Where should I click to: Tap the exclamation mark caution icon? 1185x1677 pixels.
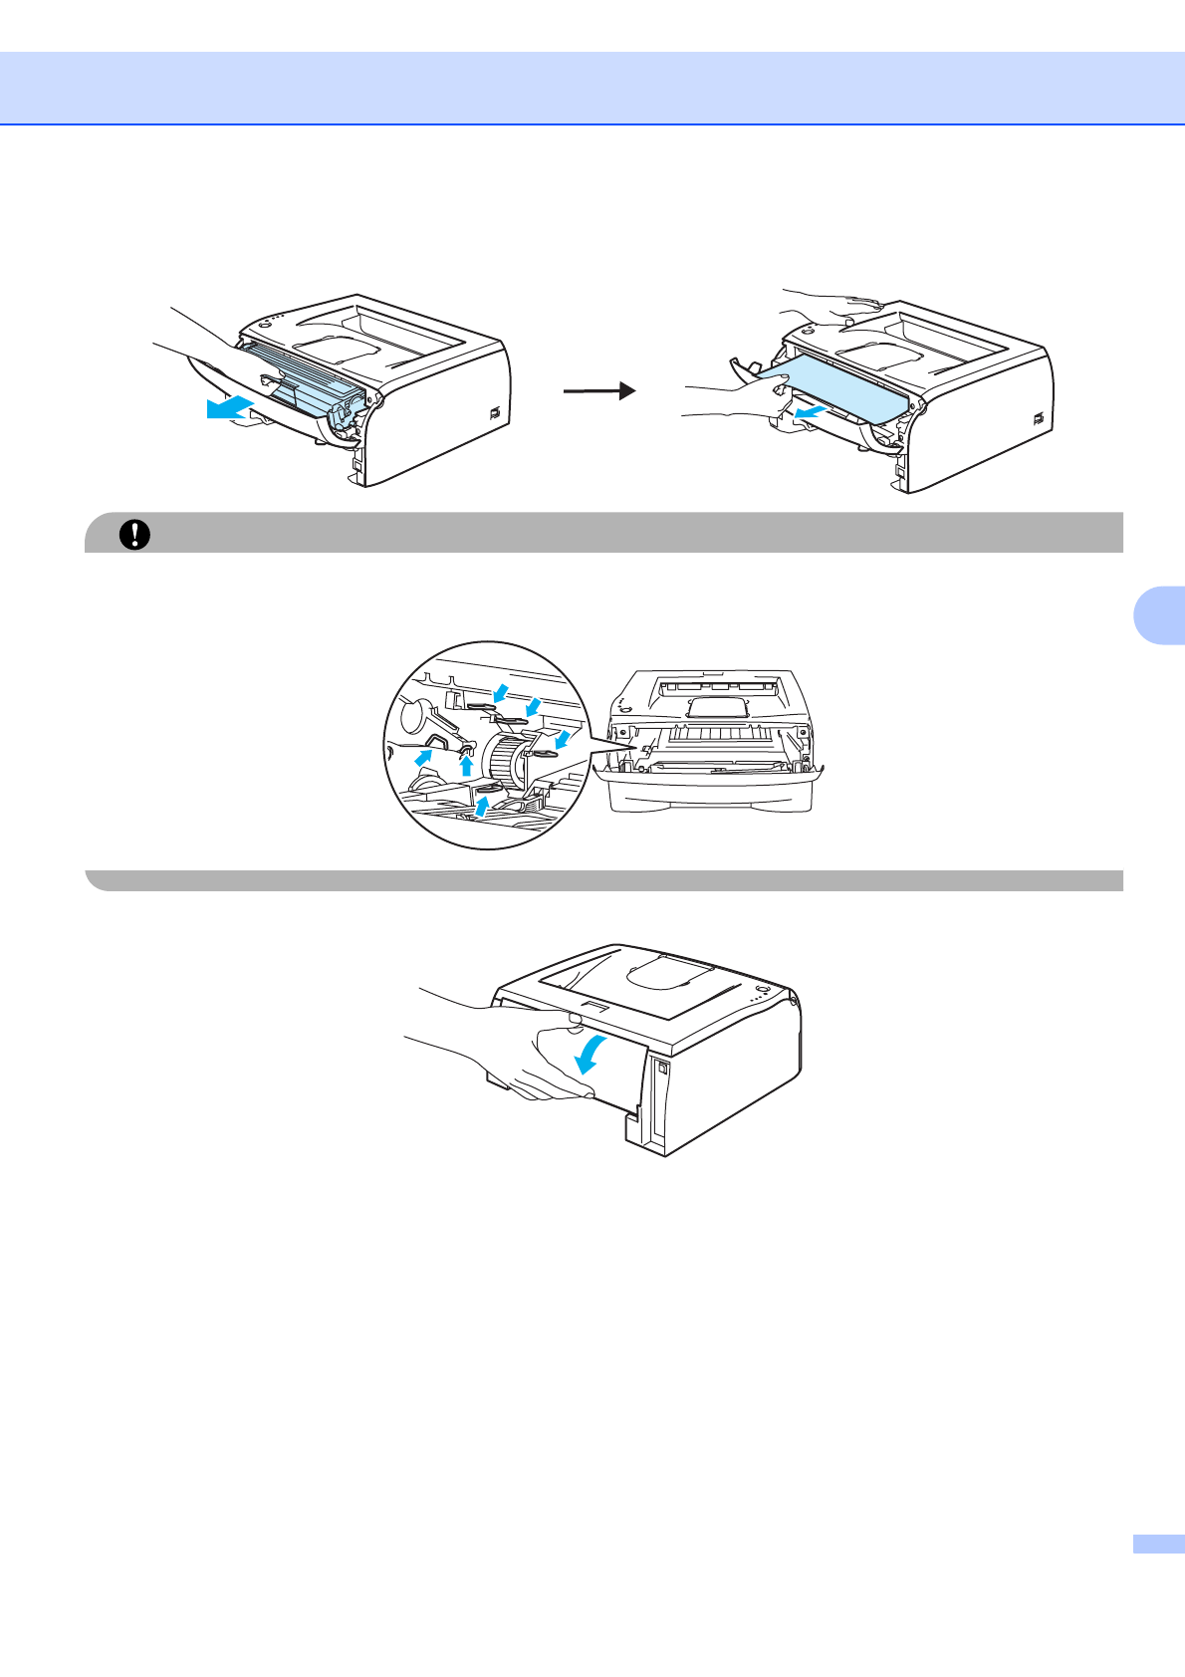point(134,535)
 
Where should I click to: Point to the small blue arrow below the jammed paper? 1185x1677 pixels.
point(811,409)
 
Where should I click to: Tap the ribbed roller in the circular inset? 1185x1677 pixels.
point(509,763)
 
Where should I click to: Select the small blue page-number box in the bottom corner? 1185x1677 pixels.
point(1158,1544)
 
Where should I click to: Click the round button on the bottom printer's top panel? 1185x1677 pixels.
point(762,990)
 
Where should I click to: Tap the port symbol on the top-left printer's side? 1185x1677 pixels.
point(495,413)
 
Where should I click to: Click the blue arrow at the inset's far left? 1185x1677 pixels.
point(424,757)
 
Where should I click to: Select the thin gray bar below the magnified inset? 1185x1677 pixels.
point(603,880)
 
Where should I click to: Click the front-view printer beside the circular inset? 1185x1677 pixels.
point(709,742)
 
